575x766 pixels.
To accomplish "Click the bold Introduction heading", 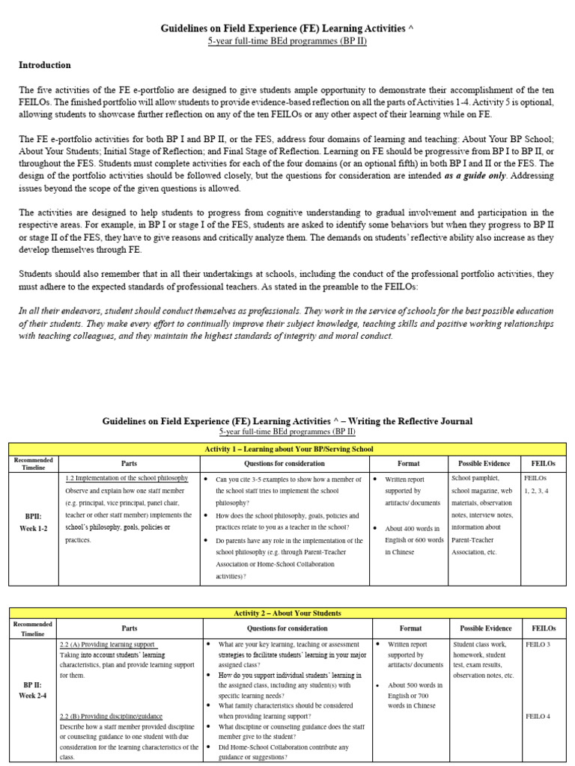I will [44, 65].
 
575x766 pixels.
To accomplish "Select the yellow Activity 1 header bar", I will [288, 449].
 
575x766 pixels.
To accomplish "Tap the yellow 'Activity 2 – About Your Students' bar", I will [288, 613].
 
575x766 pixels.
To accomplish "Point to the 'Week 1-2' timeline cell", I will [33, 528].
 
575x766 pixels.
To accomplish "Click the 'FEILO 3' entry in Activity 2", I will [538, 644].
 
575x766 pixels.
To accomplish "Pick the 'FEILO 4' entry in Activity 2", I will [538, 716].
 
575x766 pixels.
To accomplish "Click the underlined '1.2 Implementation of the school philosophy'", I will [130, 478].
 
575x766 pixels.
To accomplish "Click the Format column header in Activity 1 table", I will [408, 464].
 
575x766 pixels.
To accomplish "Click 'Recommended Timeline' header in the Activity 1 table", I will [33, 464].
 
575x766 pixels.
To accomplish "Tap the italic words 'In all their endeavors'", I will [61, 310].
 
